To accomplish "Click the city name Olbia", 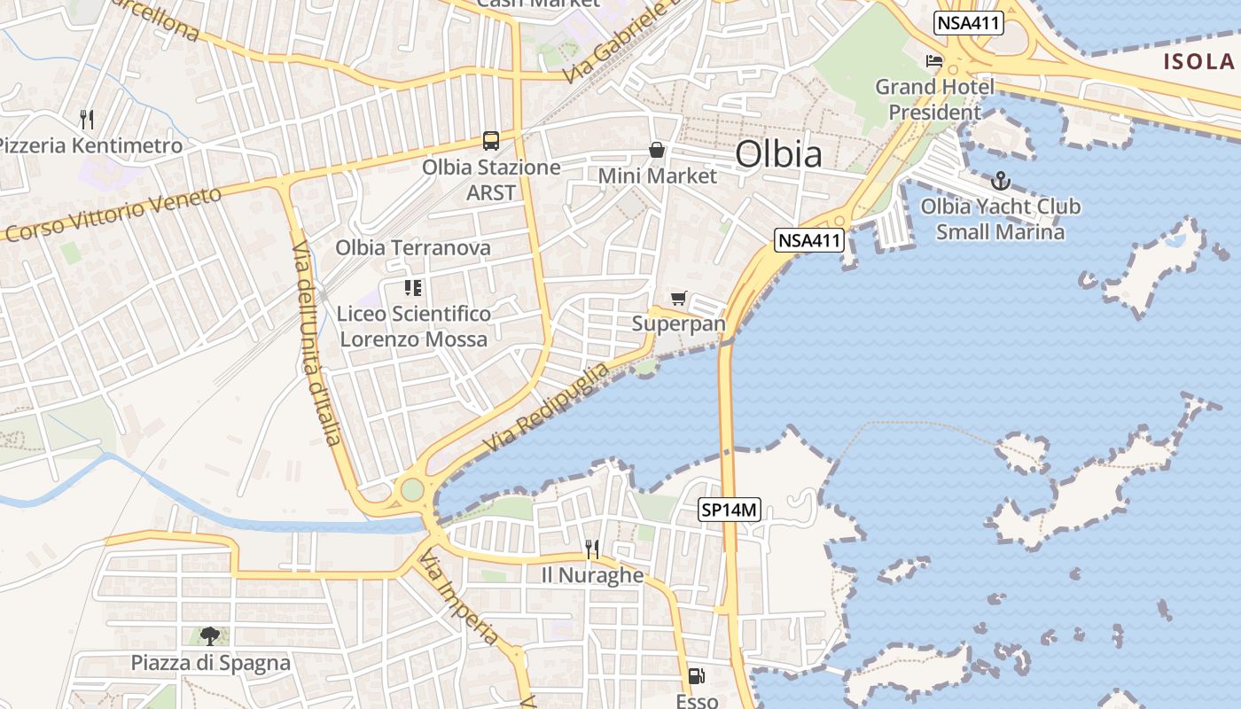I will [x=778, y=154].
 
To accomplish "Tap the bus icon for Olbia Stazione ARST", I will [x=491, y=140].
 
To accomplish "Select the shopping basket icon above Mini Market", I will [x=657, y=150].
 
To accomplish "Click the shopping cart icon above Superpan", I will [x=679, y=298].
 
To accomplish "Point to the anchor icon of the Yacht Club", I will [x=1000, y=181].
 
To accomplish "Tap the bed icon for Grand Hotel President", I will [x=934, y=61].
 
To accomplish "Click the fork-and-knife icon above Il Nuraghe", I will [x=592, y=549].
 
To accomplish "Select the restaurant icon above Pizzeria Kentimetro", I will [x=87, y=119].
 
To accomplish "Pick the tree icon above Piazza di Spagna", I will [x=210, y=635].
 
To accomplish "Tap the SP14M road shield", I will [x=730, y=510].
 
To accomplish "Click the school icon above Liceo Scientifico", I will [x=413, y=287].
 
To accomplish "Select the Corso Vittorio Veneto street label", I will [x=113, y=213].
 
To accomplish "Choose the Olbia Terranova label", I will [x=413, y=247].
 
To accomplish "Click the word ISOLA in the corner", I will [x=1198, y=61].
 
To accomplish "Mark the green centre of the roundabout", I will [x=412, y=489].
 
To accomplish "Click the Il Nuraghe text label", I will [x=592, y=575].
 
